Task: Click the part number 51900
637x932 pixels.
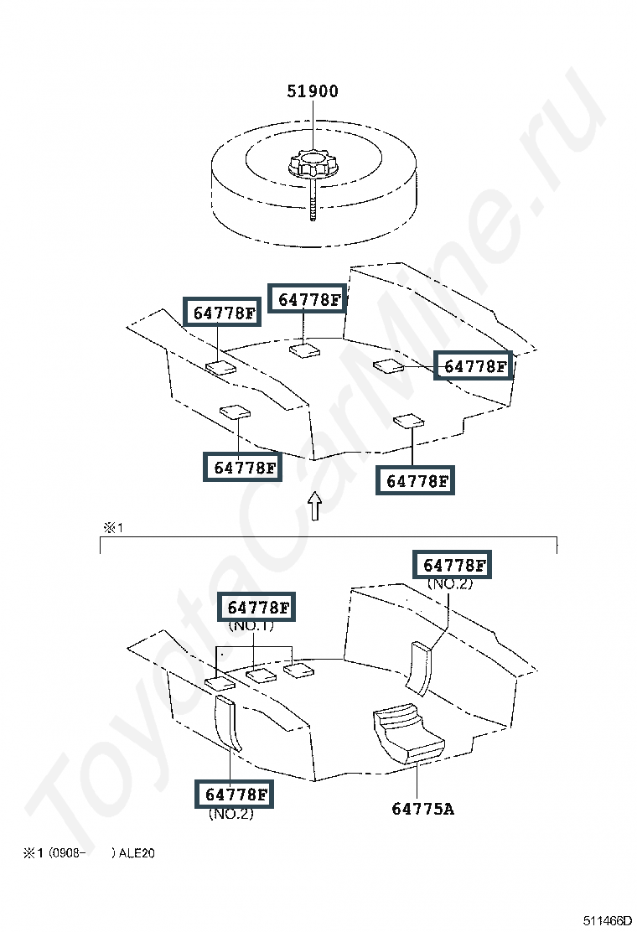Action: click(x=313, y=91)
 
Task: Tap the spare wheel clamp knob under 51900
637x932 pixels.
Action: click(x=309, y=164)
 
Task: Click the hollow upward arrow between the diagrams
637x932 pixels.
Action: click(x=315, y=506)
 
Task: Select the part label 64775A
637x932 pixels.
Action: click(x=423, y=809)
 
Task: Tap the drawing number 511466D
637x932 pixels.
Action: click(x=607, y=921)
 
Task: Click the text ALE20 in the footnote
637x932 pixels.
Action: click(x=137, y=853)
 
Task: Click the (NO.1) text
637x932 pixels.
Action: click(x=251, y=626)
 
